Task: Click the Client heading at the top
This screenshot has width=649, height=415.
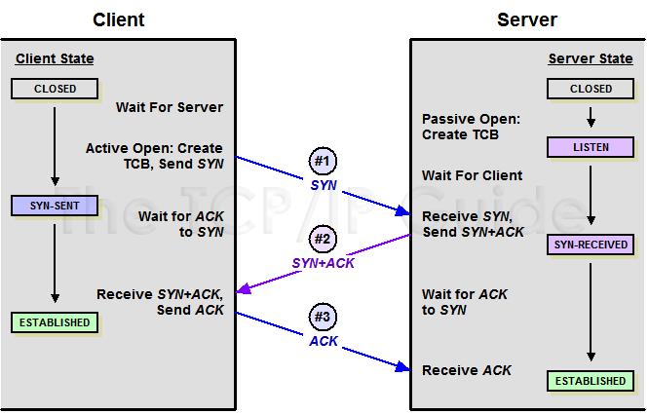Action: [119, 19]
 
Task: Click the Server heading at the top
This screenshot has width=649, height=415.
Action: [526, 19]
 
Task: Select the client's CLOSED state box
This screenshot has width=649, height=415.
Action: [56, 89]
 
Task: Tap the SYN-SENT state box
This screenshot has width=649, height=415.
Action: [56, 206]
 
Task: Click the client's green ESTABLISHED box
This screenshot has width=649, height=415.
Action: [56, 321]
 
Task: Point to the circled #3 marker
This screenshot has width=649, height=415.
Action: [324, 318]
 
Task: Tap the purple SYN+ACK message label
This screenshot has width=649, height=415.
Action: [324, 263]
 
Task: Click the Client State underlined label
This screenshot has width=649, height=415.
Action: [55, 59]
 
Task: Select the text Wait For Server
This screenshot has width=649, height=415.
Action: [170, 107]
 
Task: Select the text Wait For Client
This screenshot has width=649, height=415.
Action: [472, 175]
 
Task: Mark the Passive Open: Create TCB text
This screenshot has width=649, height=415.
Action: [471, 127]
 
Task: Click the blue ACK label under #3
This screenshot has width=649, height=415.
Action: [324, 342]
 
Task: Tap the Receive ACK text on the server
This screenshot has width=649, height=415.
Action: [466, 370]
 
